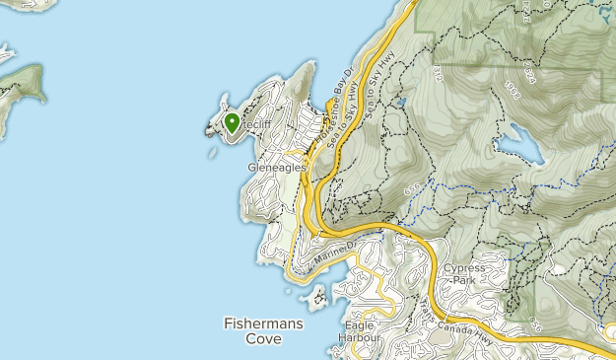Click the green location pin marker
pyautogui.click(x=232, y=123)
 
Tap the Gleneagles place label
pyautogui.click(x=276, y=168)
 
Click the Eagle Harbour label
pyautogui.click(x=362, y=331)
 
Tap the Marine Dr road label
pyautogui.click(x=334, y=253)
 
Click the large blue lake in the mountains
pyautogui.click(x=519, y=149)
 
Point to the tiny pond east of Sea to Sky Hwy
pyautogui.click(x=400, y=102)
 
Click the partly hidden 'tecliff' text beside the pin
pyautogui.click(x=258, y=127)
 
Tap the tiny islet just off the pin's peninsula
pyautogui.click(x=213, y=153)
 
